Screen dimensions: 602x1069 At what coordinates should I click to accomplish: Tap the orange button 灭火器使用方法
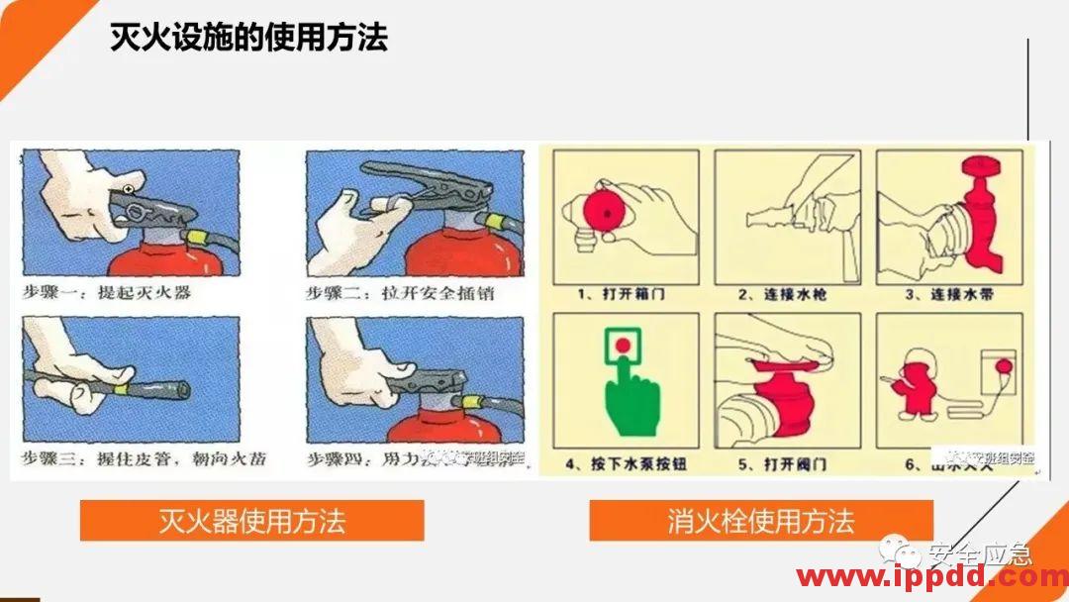(x=251, y=521)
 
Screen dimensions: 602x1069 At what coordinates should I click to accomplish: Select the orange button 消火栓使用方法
(x=760, y=521)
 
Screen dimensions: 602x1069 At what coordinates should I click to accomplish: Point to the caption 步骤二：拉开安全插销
(x=400, y=293)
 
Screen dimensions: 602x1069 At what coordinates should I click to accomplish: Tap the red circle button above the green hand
(x=624, y=346)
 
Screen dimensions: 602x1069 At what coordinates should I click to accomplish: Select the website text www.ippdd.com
(x=930, y=577)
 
